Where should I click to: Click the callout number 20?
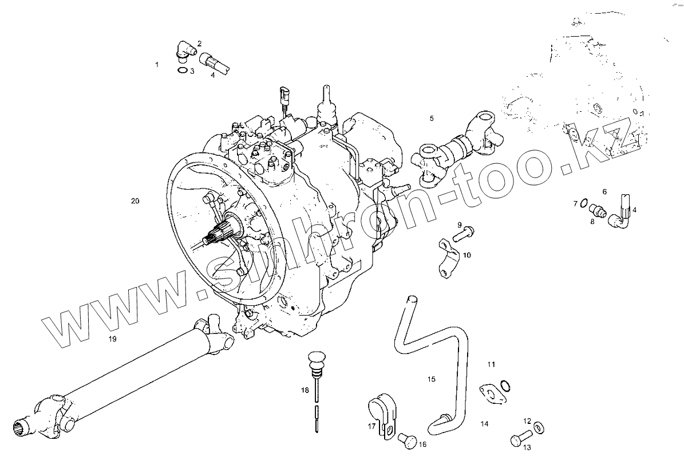(135, 201)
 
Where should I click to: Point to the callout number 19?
(113, 339)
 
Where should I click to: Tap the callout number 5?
(432, 119)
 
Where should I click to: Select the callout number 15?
(432, 379)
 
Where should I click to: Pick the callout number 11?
(492, 364)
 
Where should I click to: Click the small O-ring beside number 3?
(183, 70)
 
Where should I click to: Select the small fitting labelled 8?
(596, 210)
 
